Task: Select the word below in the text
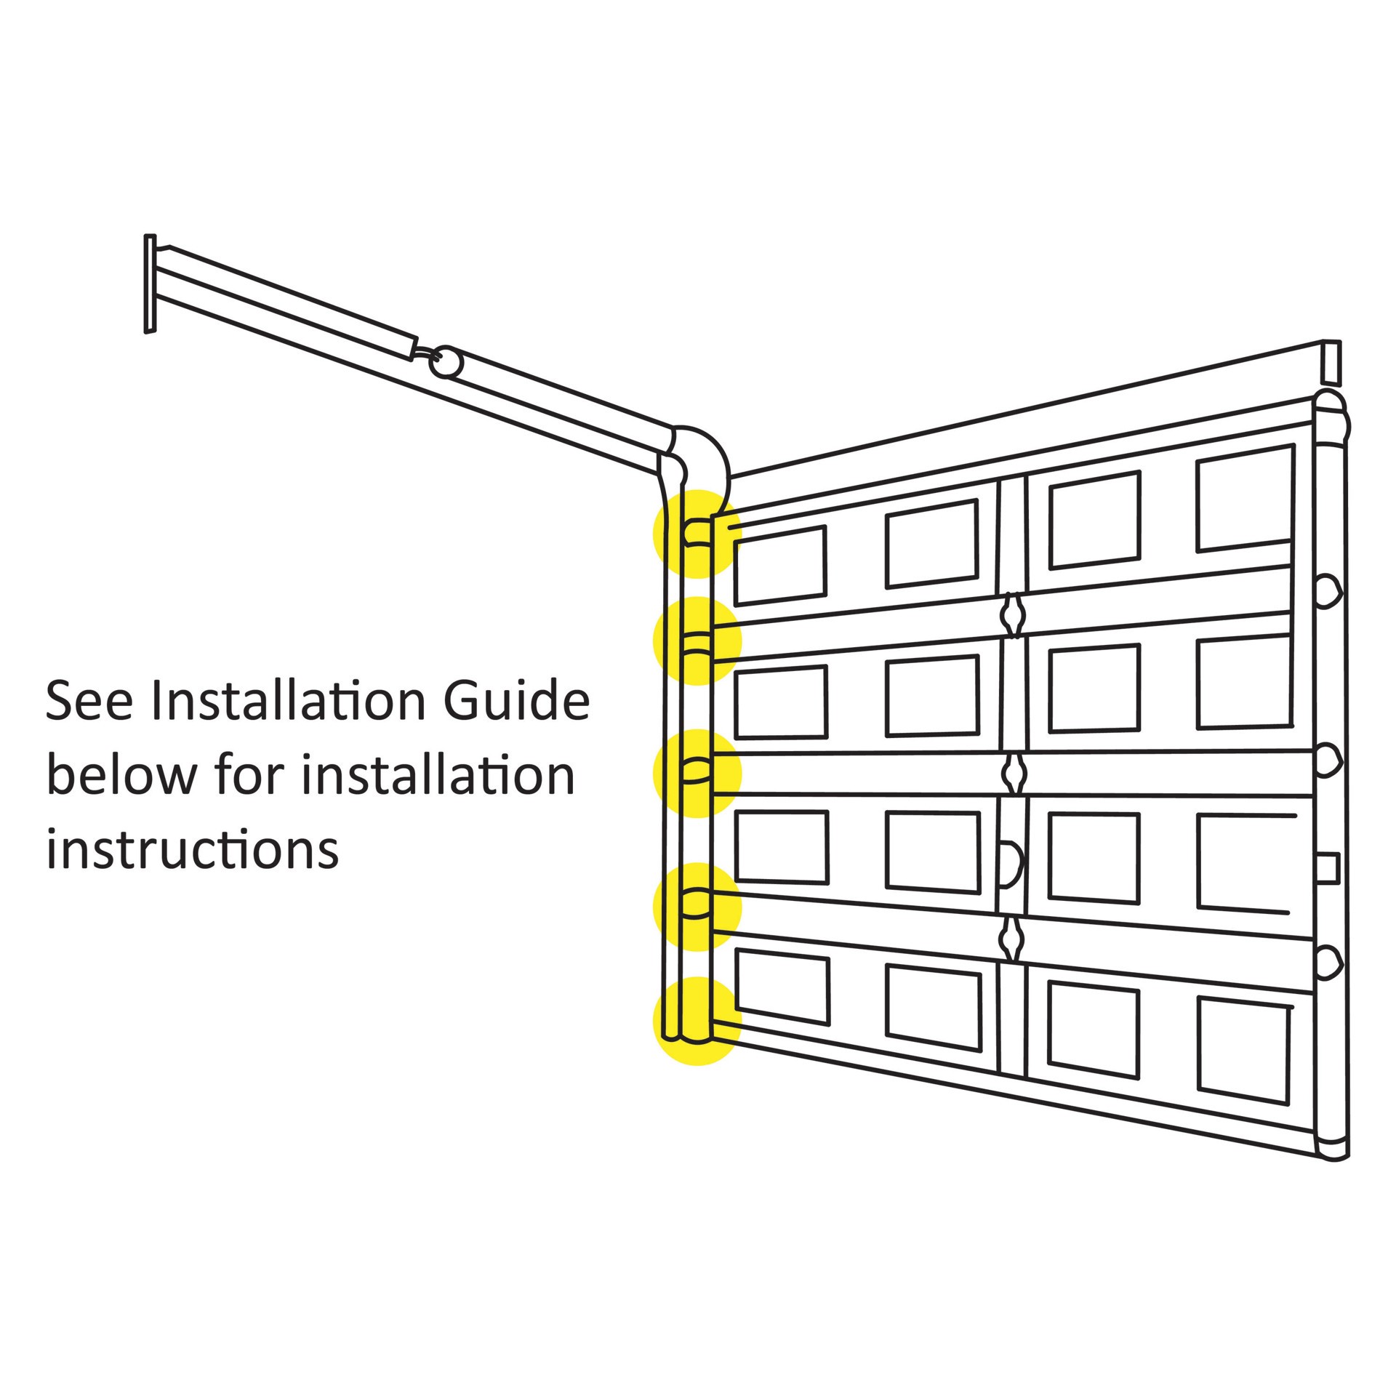click(121, 774)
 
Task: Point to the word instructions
click(193, 849)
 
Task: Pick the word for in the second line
click(248, 774)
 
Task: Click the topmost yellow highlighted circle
click(697, 534)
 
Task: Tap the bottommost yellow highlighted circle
click(697, 1021)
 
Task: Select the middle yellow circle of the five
click(697, 773)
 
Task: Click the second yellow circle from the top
click(697, 641)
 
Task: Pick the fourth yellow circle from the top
click(697, 906)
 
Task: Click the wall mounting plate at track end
click(150, 283)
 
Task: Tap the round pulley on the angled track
click(445, 361)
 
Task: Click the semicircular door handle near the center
click(1011, 865)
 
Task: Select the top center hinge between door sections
click(1011, 615)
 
